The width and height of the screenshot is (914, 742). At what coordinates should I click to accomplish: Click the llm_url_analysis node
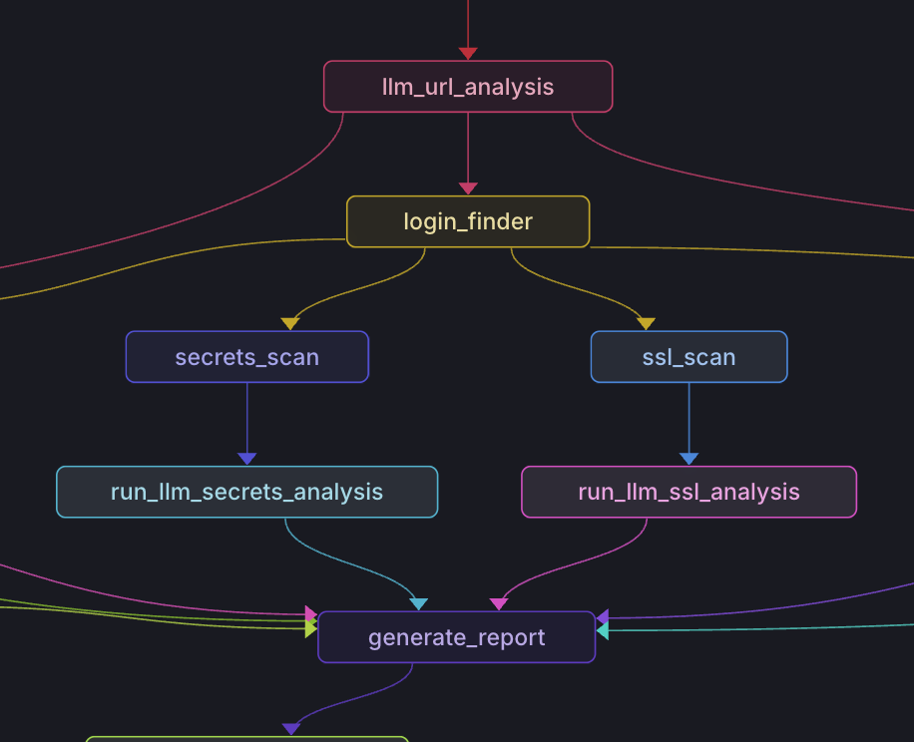(x=467, y=87)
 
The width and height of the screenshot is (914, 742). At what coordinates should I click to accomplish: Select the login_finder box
(x=467, y=221)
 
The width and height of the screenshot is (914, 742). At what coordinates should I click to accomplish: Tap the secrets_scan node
(x=246, y=357)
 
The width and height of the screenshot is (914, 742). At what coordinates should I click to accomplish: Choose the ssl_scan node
(x=688, y=357)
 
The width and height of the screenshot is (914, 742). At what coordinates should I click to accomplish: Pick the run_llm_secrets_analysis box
(x=246, y=492)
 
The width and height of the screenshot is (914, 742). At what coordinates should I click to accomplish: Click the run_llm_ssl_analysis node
(x=688, y=492)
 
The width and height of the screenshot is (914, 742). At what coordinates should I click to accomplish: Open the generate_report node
(x=456, y=637)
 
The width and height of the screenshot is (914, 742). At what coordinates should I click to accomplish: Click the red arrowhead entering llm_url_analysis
(x=468, y=54)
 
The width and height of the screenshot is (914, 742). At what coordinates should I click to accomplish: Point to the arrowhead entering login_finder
(x=468, y=188)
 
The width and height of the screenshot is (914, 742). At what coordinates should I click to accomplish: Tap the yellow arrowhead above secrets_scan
(x=290, y=324)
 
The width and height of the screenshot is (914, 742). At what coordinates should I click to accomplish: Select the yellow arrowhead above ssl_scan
(x=646, y=324)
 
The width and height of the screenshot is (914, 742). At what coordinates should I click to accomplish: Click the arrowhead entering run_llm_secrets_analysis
(x=247, y=459)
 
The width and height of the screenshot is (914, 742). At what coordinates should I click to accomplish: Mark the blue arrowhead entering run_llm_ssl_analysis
(x=688, y=459)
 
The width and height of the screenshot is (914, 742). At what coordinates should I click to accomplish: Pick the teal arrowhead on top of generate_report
(x=418, y=604)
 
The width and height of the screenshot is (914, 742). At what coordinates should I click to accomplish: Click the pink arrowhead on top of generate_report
(x=499, y=604)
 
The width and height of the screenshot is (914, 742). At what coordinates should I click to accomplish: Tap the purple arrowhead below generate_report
(x=291, y=729)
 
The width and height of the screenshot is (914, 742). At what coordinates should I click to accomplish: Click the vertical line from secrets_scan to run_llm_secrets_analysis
(x=247, y=419)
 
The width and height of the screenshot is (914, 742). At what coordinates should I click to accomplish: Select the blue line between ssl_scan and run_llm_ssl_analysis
(x=688, y=419)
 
